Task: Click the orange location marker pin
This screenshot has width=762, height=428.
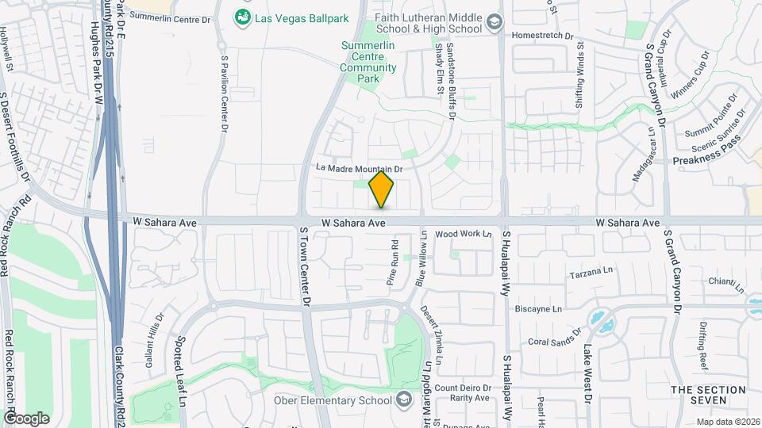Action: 382,189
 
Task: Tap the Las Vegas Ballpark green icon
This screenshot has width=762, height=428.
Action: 242,16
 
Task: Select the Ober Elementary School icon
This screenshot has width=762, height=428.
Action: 405,399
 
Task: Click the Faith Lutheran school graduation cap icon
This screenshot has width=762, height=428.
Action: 495,22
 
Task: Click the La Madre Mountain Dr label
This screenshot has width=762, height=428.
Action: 360,168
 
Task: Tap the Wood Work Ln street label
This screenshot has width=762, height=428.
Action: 464,235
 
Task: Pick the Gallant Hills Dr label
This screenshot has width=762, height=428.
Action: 154,338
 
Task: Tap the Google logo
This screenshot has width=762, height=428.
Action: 26,418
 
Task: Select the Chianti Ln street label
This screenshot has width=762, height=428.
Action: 728,281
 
